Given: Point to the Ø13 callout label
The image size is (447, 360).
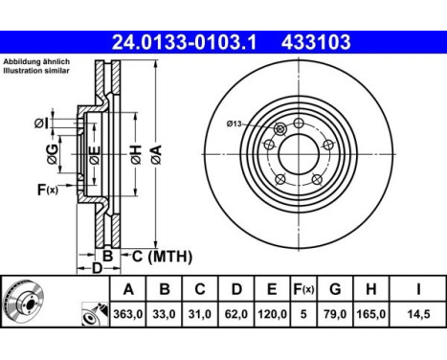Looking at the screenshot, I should tap(236, 123).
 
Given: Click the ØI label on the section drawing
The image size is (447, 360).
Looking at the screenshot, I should tap(42, 122).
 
